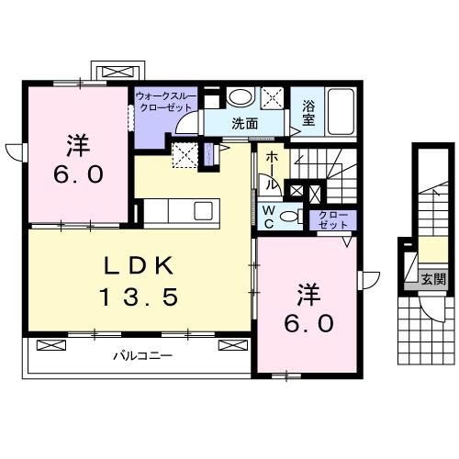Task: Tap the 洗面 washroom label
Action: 243,123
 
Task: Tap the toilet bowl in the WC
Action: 289,217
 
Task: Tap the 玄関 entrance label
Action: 433,278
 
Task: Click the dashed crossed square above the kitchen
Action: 185,156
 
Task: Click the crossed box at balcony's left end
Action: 52,347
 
